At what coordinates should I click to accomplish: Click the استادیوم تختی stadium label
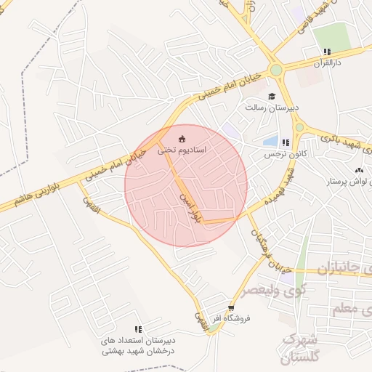(182, 150)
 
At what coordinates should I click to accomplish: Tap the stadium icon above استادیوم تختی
(182, 139)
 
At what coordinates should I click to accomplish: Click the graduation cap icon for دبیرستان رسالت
(272, 97)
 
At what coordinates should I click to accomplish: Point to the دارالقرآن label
(328, 63)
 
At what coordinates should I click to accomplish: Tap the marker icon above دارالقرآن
(328, 52)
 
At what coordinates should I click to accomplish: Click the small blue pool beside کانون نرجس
(270, 141)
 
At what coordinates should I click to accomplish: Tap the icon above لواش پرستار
(357, 170)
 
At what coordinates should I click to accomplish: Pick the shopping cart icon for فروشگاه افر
(231, 308)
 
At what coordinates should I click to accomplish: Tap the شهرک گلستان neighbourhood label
(299, 348)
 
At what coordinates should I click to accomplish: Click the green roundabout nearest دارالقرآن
(275, 70)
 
